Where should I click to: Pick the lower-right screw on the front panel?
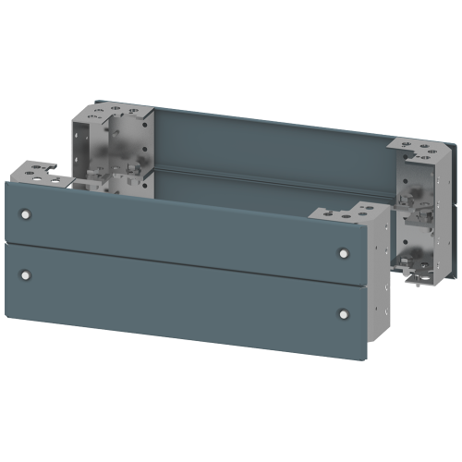(x=344, y=314)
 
